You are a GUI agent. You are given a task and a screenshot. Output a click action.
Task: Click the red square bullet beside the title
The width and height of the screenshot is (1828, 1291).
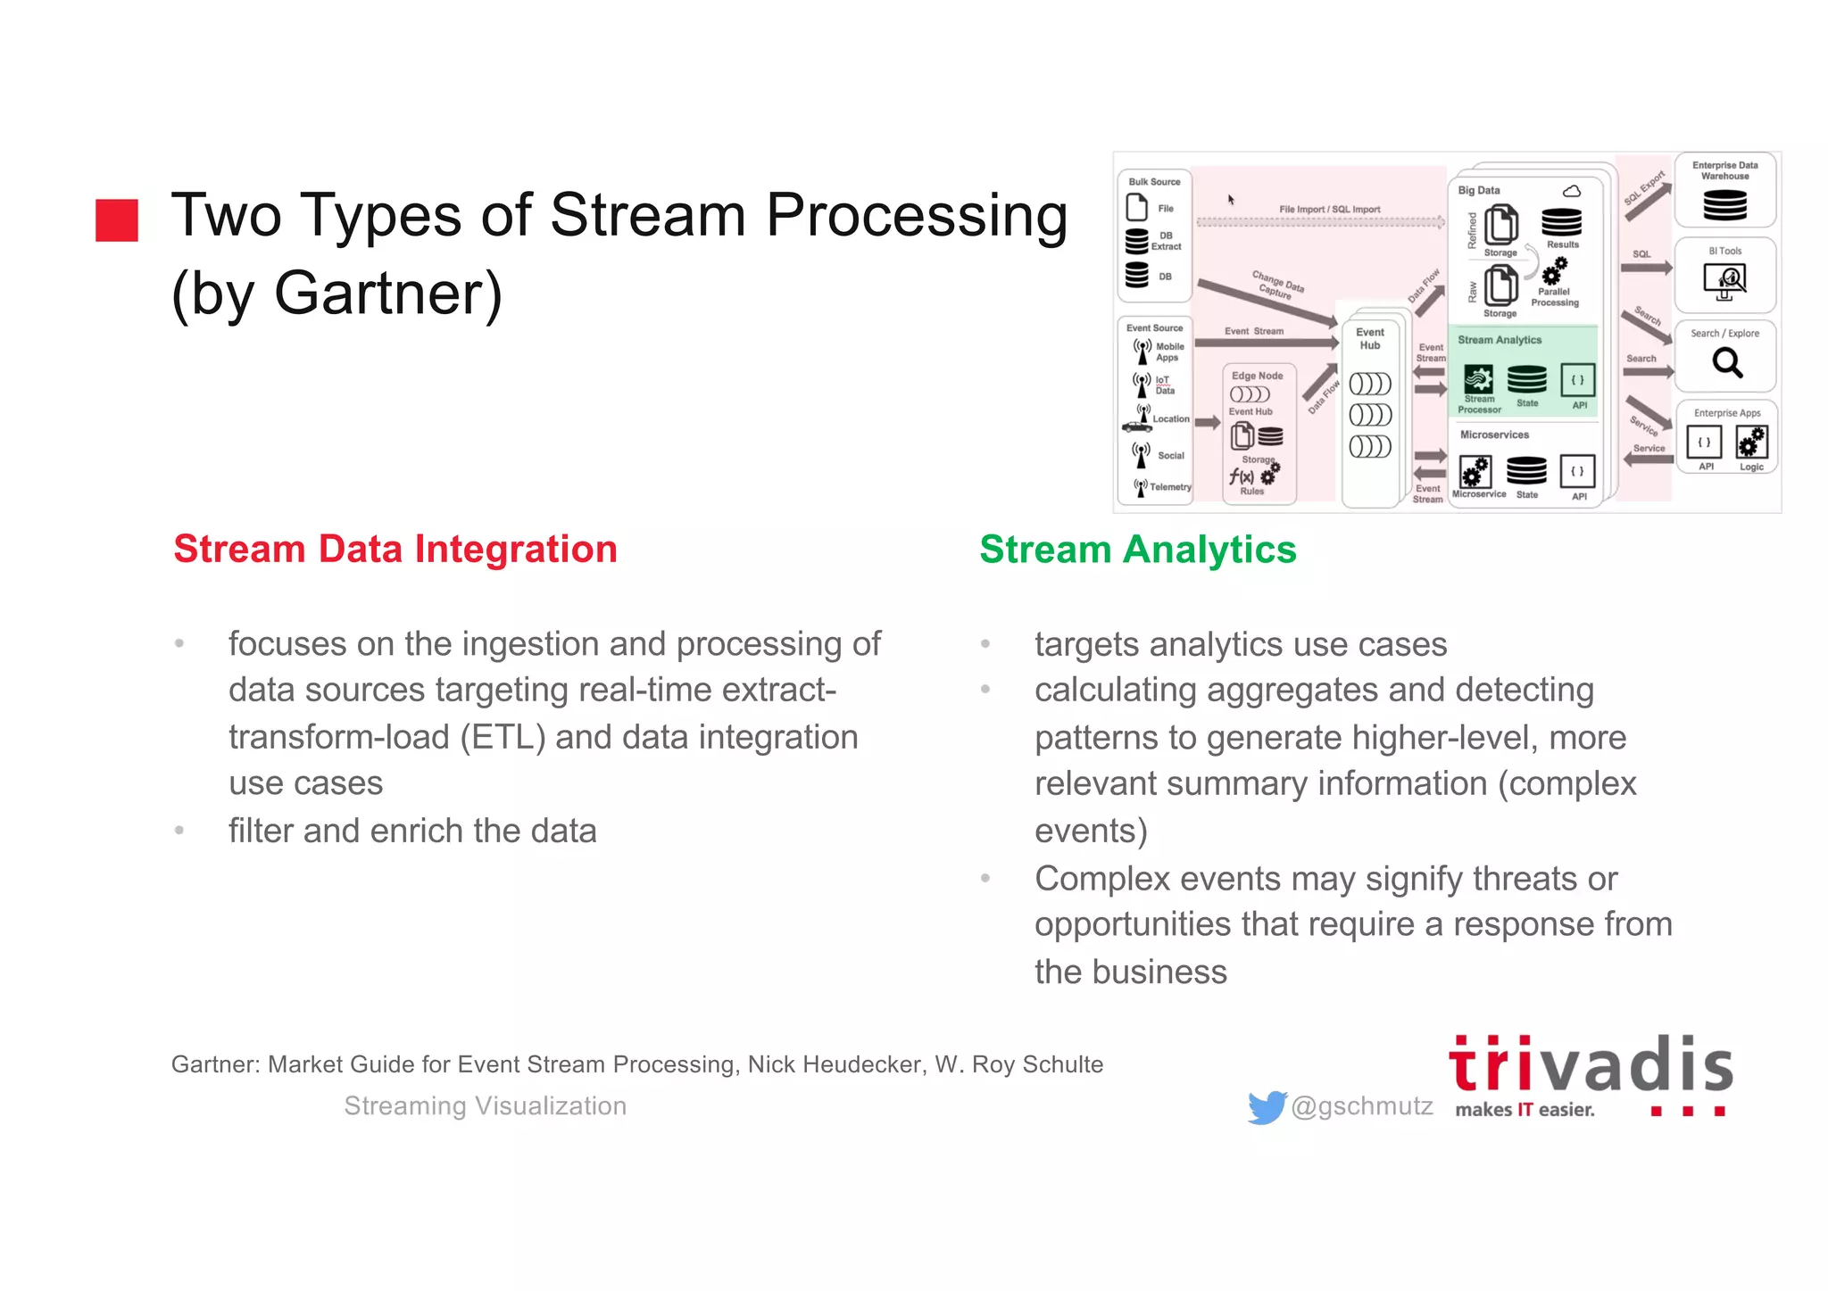(x=117, y=220)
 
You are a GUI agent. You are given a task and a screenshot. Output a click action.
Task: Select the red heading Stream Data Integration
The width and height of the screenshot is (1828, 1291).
(x=395, y=549)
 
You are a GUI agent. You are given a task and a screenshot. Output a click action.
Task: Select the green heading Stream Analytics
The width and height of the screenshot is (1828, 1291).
(x=1137, y=549)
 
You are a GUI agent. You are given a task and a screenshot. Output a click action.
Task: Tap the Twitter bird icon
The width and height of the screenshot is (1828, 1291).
(x=1267, y=1107)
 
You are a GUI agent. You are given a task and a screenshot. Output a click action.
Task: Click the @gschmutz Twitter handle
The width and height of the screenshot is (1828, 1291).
(x=1361, y=1106)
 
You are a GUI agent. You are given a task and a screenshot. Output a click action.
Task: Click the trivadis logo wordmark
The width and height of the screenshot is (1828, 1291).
(x=1590, y=1064)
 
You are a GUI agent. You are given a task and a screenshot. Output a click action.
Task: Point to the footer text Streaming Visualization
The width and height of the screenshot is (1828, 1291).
(x=485, y=1106)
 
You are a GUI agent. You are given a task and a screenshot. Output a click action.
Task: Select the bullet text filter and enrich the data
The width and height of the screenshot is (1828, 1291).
(x=412, y=831)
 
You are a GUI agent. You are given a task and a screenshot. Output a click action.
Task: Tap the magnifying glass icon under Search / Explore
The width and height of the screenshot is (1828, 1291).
(x=1727, y=362)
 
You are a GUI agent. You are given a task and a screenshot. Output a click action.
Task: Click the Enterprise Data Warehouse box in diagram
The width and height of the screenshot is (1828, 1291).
(x=1724, y=189)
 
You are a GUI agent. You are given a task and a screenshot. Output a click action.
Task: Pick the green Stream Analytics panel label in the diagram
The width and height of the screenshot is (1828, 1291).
(x=1500, y=340)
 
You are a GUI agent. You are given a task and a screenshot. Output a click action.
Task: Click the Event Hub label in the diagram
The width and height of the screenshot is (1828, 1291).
(x=1370, y=338)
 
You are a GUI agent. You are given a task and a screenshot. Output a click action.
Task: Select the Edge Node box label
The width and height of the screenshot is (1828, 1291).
(x=1257, y=376)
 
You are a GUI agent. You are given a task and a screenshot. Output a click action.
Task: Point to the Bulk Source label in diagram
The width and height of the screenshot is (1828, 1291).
(x=1154, y=182)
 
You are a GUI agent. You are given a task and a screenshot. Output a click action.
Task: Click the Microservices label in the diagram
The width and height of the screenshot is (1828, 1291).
(x=1494, y=434)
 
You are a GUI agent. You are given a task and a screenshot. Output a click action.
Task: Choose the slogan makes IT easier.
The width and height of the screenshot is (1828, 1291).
(x=1524, y=1110)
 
